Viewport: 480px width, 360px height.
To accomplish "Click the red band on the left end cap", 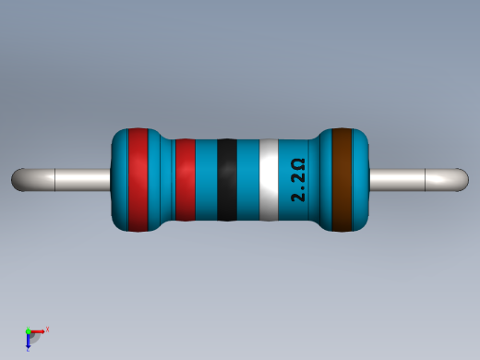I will [x=138, y=179].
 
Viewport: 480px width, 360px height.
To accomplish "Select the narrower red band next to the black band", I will [x=185, y=179].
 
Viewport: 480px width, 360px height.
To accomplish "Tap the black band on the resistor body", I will [x=226, y=179].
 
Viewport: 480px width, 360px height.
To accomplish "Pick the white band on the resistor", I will [x=269, y=179].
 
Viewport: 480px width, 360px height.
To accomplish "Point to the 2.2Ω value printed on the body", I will [x=298, y=180].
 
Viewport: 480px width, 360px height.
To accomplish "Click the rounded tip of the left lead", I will [x=18, y=179].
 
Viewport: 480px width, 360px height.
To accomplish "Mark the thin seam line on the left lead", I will [x=56, y=179].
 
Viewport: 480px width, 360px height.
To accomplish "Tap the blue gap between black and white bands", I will [x=248, y=179].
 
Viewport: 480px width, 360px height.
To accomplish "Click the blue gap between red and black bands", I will [x=206, y=179].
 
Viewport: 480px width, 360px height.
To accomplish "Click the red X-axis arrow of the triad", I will [x=38, y=330].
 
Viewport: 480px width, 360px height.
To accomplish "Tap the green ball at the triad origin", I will [x=29, y=330].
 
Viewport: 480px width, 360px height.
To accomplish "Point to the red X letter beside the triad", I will [x=46, y=329].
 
